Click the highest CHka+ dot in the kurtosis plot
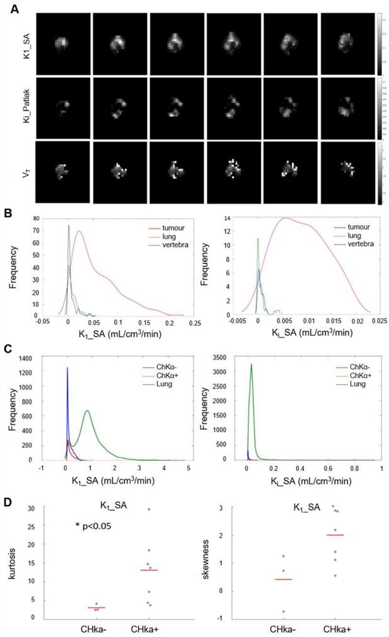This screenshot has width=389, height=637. [148, 509]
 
